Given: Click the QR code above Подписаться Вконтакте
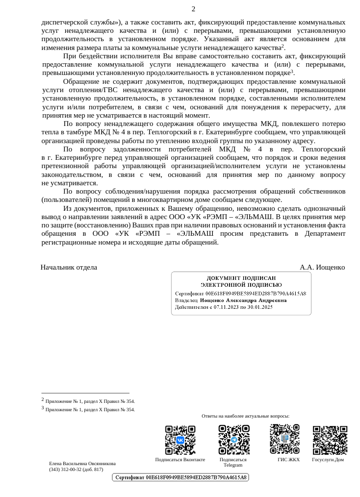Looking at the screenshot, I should (x=180, y=440).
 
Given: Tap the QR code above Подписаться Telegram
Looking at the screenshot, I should (x=233, y=440).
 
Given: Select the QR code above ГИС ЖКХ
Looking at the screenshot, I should (x=284, y=439).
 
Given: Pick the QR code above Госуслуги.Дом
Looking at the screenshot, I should (x=330, y=440).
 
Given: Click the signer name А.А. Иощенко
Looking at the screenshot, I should (x=322, y=267).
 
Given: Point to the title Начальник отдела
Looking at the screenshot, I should (x=69, y=267).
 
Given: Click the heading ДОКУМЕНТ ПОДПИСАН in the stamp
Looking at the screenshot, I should (x=241, y=278).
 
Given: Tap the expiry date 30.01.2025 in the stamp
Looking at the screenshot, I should (x=260, y=307).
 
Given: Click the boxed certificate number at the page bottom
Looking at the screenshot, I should (x=181, y=477).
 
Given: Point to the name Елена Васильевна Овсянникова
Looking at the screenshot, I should (x=82, y=463).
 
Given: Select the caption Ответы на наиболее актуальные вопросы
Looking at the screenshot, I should (x=245, y=416).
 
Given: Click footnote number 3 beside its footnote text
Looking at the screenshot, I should (x=43, y=408).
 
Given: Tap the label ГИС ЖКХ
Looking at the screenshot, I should (x=288, y=460).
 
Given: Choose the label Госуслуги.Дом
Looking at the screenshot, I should (x=328, y=460).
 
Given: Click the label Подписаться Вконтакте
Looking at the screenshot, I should (x=180, y=460).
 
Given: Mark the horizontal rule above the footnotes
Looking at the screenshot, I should (x=85, y=393).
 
